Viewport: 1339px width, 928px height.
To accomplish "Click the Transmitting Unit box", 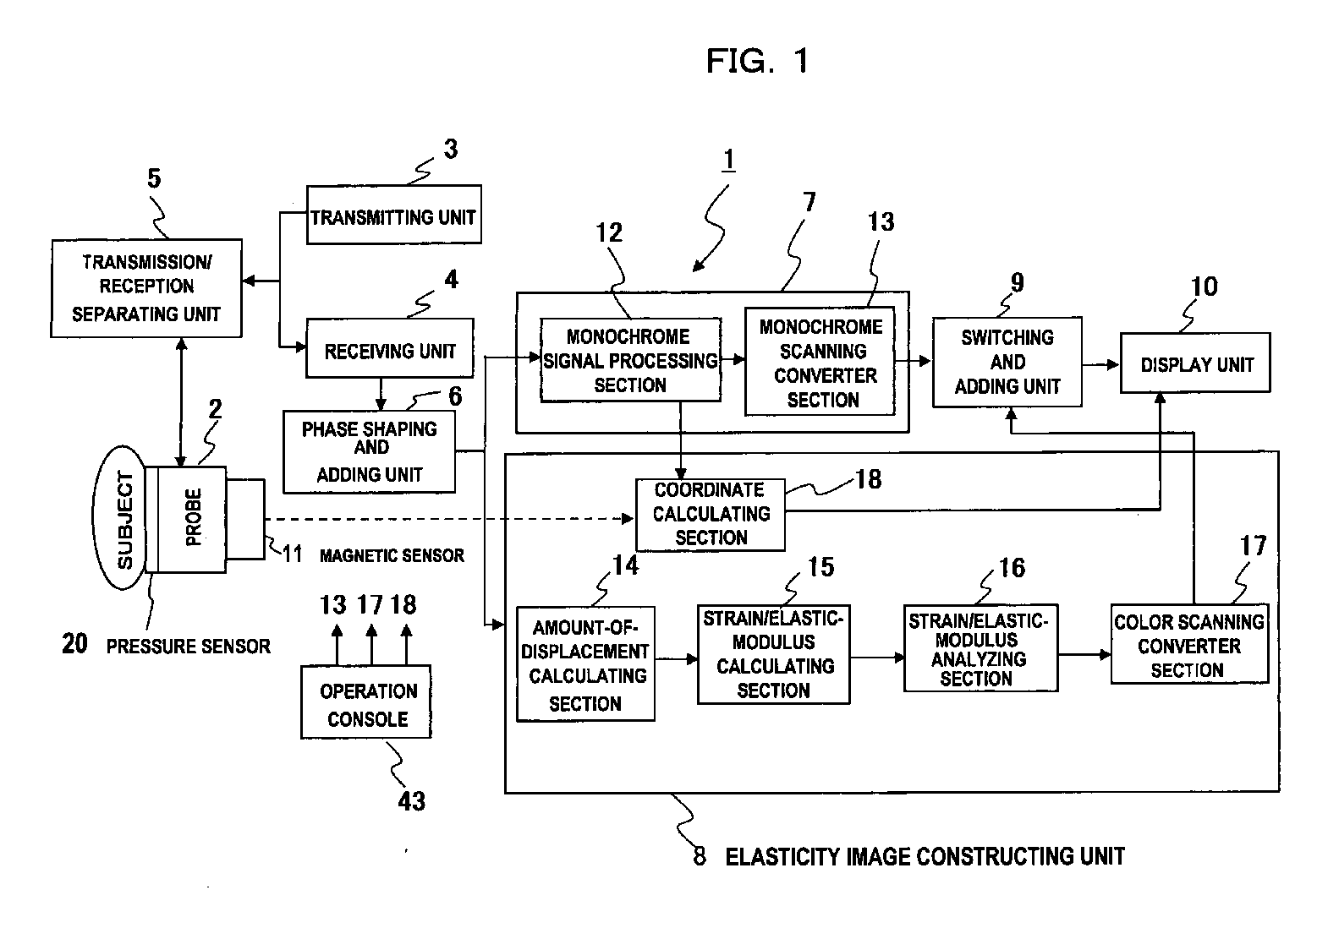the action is pyautogui.click(x=394, y=215).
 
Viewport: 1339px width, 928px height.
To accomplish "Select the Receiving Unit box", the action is pyautogui.click(x=390, y=348).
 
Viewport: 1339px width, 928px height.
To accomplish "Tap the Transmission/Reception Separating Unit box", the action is pyautogui.click(x=146, y=288).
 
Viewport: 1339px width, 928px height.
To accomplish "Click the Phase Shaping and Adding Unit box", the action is pyautogui.click(x=370, y=451).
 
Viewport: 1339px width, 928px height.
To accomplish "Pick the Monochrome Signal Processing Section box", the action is pyautogui.click(x=631, y=360).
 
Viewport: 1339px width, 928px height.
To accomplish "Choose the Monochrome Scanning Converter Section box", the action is pyautogui.click(x=820, y=361).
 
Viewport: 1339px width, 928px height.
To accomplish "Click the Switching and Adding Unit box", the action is pyautogui.click(x=1007, y=362).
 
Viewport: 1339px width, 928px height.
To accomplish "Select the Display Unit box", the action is pyautogui.click(x=1195, y=363).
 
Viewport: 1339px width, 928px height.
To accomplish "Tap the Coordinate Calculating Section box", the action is pyautogui.click(x=711, y=514).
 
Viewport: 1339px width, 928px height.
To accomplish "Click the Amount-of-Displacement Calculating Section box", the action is pyautogui.click(x=586, y=664).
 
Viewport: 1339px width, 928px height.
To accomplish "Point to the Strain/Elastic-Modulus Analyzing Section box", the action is pyautogui.click(x=981, y=648).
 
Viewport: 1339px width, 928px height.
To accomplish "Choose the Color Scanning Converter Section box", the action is pyautogui.click(x=1189, y=644).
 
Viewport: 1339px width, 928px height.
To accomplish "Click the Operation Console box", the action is pyautogui.click(x=365, y=702).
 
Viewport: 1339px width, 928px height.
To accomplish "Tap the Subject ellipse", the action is pyautogui.click(x=120, y=518).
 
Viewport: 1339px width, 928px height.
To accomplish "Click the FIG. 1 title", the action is pyautogui.click(x=758, y=61).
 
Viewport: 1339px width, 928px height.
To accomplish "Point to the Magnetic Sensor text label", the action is pyautogui.click(x=392, y=556).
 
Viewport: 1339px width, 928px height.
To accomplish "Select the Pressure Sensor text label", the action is pyautogui.click(x=189, y=647).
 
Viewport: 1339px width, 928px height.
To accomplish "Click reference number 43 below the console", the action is pyautogui.click(x=412, y=801).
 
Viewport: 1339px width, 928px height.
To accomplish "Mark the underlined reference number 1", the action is pyautogui.click(x=728, y=160).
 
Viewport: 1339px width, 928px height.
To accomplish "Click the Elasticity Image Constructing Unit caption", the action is pyautogui.click(x=925, y=857).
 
